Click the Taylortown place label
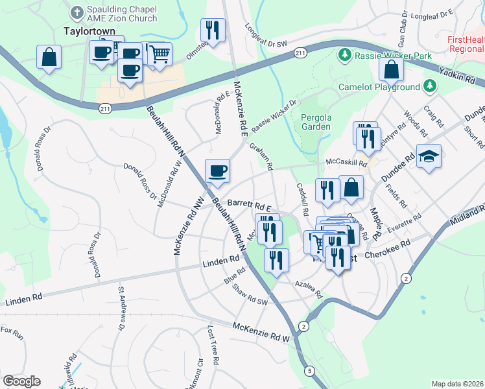[x=89, y=30]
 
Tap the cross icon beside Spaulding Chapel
[x=77, y=12]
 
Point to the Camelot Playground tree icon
[x=429, y=86]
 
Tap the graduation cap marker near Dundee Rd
[x=429, y=157]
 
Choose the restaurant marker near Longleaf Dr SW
[x=213, y=29]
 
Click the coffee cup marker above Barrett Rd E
[x=217, y=171]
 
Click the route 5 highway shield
[x=311, y=370]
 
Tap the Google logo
[x=21, y=381]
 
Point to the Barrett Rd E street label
[x=248, y=203]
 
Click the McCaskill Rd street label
[x=346, y=163]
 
